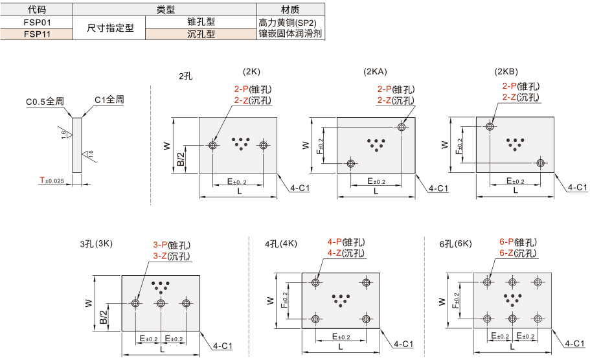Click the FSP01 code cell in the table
37,22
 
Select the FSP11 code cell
37,34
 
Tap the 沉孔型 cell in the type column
201,34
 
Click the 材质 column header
291,10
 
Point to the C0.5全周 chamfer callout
45,102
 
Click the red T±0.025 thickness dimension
52,181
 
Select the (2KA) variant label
375,71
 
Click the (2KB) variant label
506,71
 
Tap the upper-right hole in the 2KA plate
402,127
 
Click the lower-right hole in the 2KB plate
541,163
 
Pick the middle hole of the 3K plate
161,303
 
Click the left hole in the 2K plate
212,145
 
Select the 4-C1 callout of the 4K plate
403,344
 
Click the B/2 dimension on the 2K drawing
181,159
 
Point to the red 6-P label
506,242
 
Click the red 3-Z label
160,256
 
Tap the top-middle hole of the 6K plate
512,282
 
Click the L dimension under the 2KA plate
376,192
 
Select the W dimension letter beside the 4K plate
270,300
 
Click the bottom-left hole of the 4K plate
315,319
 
